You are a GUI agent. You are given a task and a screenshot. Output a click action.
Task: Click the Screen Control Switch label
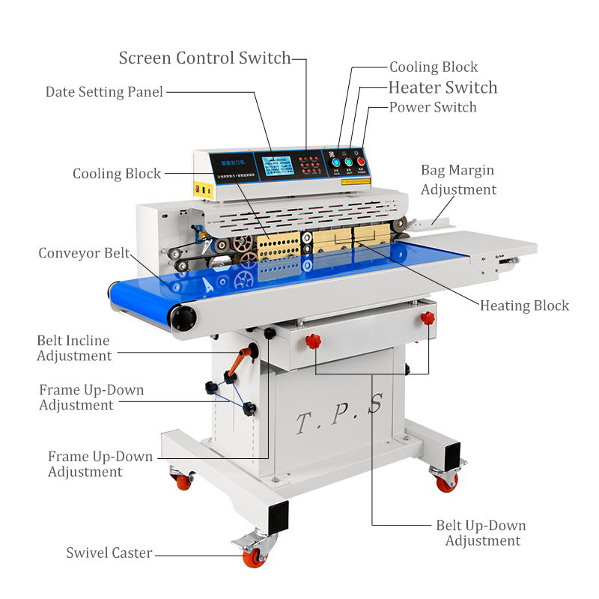[x=204, y=58]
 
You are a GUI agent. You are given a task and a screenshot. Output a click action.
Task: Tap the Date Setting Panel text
[x=104, y=92]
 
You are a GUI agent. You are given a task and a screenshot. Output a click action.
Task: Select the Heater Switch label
[x=443, y=88]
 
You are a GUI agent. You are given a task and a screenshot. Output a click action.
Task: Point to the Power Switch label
[x=433, y=107]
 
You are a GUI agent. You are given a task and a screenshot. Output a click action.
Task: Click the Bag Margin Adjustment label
[x=458, y=180]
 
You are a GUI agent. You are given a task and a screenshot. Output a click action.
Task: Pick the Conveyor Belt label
[x=84, y=253]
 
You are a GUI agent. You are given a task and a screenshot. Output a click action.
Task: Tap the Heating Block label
[x=524, y=305]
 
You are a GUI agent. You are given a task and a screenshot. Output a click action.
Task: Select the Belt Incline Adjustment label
[x=74, y=348]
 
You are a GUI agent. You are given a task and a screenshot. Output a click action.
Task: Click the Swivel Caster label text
[x=109, y=553]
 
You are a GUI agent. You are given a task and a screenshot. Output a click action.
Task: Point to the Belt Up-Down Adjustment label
[x=481, y=533]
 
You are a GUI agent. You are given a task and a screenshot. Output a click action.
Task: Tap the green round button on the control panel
[x=348, y=161]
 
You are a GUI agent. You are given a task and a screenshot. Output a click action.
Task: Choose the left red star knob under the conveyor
[x=313, y=342]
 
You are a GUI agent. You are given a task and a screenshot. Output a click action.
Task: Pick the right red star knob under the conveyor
[x=428, y=319]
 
